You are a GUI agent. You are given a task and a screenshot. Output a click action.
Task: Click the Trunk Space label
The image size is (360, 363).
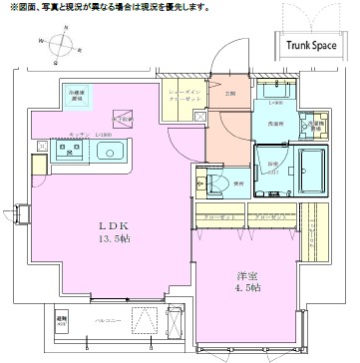coord(312,44)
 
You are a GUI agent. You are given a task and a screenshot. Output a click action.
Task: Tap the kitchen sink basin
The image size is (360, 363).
coord(109,153)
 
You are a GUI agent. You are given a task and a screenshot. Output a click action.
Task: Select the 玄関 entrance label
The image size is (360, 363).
coord(230,94)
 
